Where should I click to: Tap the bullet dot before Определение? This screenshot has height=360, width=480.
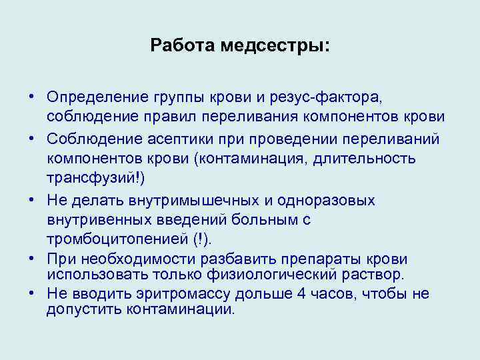point(31,98)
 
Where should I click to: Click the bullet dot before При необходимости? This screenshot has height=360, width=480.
point(31,259)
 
